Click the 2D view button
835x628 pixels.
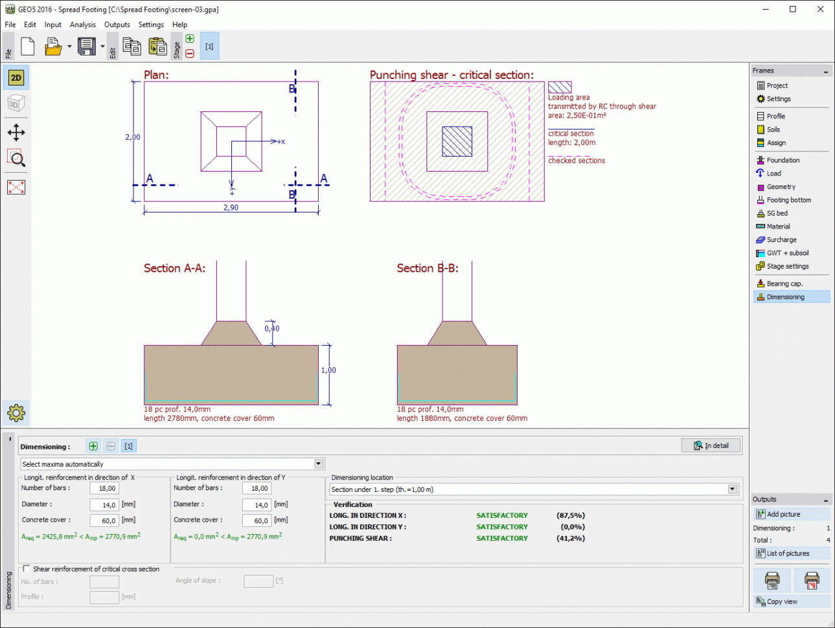pyautogui.click(x=16, y=78)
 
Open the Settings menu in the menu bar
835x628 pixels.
pyautogui.click(x=151, y=25)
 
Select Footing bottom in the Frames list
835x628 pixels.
pyautogui.click(x=788, y=200)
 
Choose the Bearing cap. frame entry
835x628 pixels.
pyautogui.click(x=784, y=284)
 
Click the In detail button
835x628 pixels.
pyautogui.click(x=711, y=445)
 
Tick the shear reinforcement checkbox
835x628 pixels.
pyautogui.click(x=27, y=568)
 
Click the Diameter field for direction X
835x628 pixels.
pyautogui.click(x=104, y=505)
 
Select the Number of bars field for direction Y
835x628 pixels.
pyautogui.click(x=257, y=489)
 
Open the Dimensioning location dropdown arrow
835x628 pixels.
pyautogui.click(x=733, y=489)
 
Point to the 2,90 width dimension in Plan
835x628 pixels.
pyautogui.click(x=231, y=208)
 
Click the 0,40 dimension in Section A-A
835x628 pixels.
pyautogui.click(x=272, y=329)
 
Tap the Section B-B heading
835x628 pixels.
pyautogui.click(x=428, y=268)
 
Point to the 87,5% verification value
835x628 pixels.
pyautogui.click(x=570, y=516)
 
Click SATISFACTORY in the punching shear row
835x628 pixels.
pyautogui.click(x=502, y=539)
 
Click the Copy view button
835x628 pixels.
pyautogui.click(x=782, y=601)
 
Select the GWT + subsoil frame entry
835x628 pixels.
pyautogui.click(x=787, y=253)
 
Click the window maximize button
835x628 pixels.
pyautogui.click(x=792, y=9)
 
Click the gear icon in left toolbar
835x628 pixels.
pyautogui.click(x=16, y=412)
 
